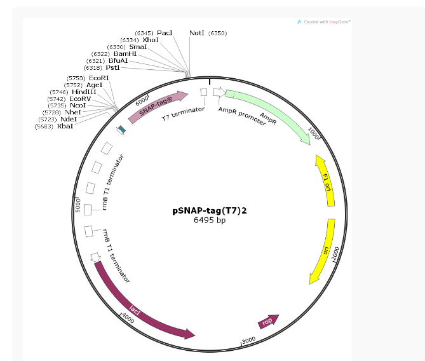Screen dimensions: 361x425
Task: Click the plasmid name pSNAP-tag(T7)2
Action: click(209, 211)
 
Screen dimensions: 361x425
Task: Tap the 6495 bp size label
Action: click(210, 221)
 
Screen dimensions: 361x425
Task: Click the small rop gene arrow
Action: click(269, 322)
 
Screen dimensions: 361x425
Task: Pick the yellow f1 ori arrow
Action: click(326, 180)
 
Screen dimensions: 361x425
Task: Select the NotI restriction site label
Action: click(197, 32)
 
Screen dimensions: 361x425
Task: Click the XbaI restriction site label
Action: click(65, 126)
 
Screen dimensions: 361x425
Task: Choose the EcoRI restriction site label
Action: click(98, 78)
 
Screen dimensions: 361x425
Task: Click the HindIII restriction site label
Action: click(83, 92)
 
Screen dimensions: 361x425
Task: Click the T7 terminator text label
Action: click(183, 114)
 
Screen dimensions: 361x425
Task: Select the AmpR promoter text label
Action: click(241, 116)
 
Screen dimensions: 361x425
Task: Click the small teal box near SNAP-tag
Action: click(121, 129)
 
